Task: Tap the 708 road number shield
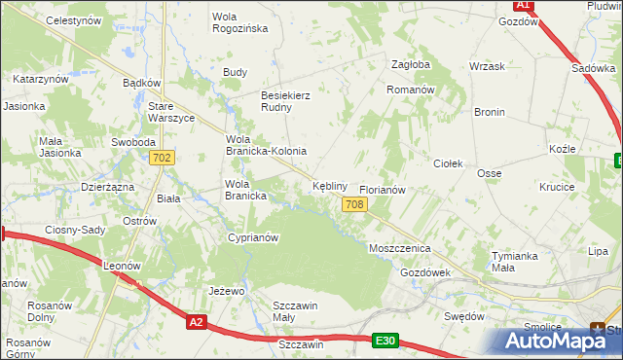tap(354, 203)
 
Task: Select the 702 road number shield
tap(163, 158)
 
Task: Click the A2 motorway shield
tap(197, 322)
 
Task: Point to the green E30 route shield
tap(385, 340)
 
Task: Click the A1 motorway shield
tap(524, 5)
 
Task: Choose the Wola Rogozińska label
tap(239, 21)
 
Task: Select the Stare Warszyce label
tap(171, 112)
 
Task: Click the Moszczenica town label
tap(399, 248)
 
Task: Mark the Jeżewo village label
tap(226, 291)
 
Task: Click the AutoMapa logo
tap(561, 341)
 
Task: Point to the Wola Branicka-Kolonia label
tap(266, 145)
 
